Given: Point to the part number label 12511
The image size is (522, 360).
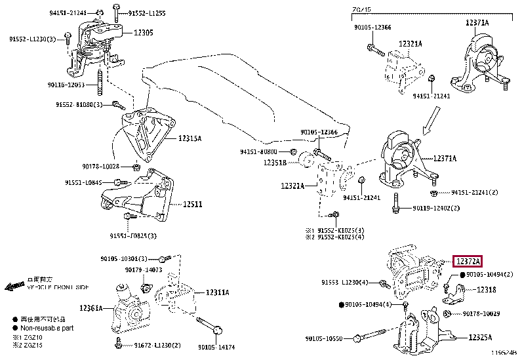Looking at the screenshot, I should (x=192, y=205).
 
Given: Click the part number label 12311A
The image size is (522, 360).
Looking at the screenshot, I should (x=217, y=292).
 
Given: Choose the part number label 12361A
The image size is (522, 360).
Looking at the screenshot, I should (x=91, y=308).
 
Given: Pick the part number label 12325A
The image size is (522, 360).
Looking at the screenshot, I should (x=480, y=338).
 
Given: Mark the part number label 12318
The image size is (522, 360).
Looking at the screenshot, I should (x=486, y=289).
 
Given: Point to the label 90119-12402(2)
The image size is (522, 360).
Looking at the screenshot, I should (x=436, y=208).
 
